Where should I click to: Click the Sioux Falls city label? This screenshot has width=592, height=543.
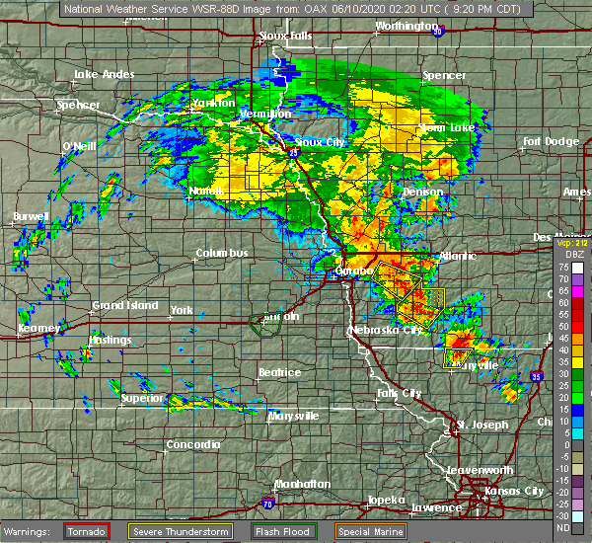point(288,37)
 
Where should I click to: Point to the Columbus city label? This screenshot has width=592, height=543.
point(222,254)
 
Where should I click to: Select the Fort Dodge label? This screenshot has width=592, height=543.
point(552,142)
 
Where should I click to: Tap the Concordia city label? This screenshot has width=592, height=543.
point(193,444)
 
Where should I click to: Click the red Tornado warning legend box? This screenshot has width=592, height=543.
point(87,531)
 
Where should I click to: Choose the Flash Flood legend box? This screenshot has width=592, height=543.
point(281,531)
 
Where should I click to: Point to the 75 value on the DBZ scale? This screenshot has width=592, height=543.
point(564,268)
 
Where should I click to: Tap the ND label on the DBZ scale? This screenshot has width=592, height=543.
point(564,527)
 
